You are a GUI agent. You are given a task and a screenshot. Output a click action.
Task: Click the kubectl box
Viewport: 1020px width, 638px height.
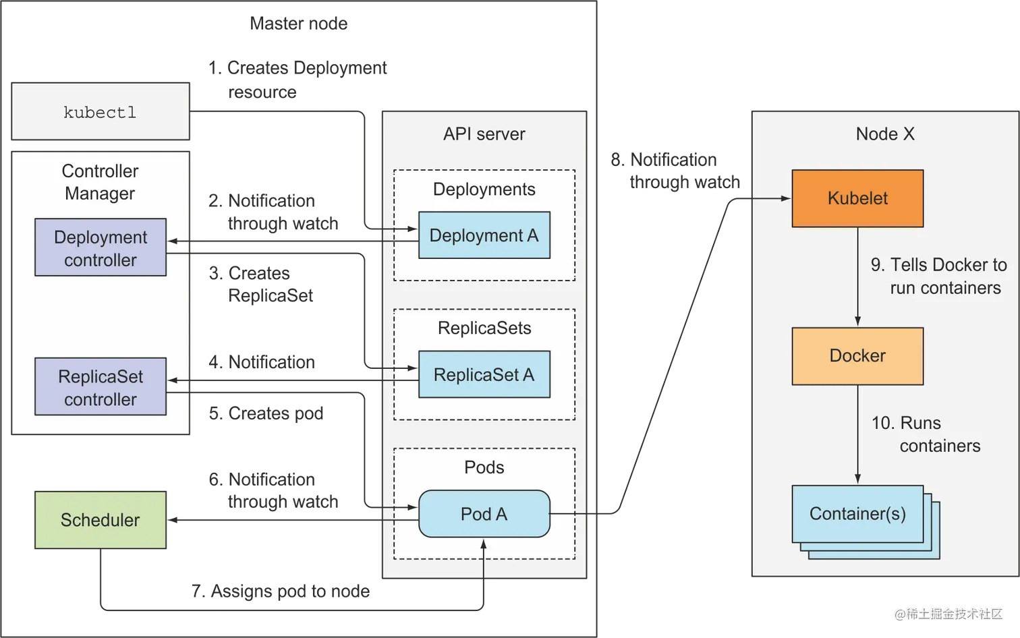(x=101, y=112)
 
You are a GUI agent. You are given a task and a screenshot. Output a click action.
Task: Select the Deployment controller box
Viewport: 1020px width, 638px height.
(x=101, y=248)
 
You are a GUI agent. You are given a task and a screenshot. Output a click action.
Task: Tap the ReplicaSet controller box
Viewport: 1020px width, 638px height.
(x=101, y=387)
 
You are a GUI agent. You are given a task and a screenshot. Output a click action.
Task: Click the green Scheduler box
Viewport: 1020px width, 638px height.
(x=100, y=520)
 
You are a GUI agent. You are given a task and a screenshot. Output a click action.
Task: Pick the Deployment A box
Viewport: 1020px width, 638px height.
(x=484, y=235)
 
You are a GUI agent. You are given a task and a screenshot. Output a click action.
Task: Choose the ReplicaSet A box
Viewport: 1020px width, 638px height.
(x=484, y=374)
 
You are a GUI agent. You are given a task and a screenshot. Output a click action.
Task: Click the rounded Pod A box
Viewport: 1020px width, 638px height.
(x=484, y=514)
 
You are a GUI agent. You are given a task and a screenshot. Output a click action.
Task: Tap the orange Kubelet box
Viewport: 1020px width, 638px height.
(x=857, y=198)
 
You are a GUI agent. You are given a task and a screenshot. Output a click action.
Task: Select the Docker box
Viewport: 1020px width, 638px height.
(x=857, y=355)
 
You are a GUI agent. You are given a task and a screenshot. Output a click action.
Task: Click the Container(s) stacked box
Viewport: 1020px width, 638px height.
(x=857, y=514)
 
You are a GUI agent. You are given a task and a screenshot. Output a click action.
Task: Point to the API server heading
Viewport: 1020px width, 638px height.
(x=484, y=134)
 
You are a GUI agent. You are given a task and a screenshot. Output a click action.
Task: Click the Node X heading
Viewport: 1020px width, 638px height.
(x=885, y=134)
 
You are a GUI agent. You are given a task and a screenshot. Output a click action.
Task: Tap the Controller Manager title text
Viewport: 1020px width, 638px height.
(x=100, y=182)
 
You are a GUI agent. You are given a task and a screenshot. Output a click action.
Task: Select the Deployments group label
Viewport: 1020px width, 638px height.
(x=484, y=189)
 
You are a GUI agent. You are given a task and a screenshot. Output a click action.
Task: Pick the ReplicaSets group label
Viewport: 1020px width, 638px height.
(x=484, y=328)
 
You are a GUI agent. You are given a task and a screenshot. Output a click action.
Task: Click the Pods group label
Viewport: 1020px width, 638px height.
(x=484, y=467)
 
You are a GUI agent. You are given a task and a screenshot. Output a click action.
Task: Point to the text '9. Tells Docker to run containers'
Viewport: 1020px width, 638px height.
(x=938, y=276)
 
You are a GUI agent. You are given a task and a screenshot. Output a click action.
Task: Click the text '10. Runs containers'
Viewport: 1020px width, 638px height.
(x=926, y=434)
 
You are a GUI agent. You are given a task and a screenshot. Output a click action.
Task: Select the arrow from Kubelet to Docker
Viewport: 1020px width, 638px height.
(x=857, y=277)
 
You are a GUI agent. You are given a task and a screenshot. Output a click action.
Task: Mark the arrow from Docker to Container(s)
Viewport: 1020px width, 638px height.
(x=857, y=434)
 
